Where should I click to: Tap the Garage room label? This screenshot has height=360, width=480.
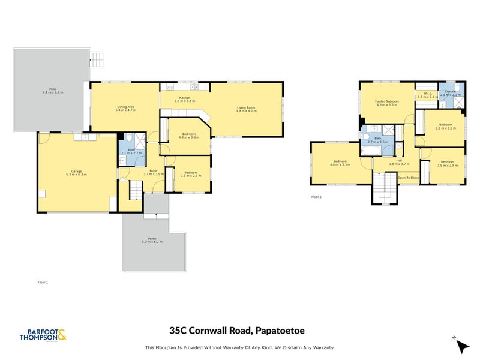(x=77, y=173)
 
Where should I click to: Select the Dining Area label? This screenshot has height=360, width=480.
(x=125, y=109)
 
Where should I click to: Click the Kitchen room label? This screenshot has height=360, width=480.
(x=184, y=99)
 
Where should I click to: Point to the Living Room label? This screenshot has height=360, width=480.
(x=246, y=109)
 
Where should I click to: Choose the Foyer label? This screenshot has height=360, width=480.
(x=154, y=172)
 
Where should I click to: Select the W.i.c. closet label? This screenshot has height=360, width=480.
(x=428, y=94)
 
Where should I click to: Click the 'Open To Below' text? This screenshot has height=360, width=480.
(x=408, y=178)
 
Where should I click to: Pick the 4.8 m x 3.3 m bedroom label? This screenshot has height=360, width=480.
(x=341, y=163)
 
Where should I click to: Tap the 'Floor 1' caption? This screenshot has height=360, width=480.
(x=43, y=281)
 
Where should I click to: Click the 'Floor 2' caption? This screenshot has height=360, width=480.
(x=316, y=196)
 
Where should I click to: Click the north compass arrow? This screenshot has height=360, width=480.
(x=462, y=346)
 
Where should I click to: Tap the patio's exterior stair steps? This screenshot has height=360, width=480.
(x=97, y=59)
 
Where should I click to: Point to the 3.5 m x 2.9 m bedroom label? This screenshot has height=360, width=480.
(x=448, y=163)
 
